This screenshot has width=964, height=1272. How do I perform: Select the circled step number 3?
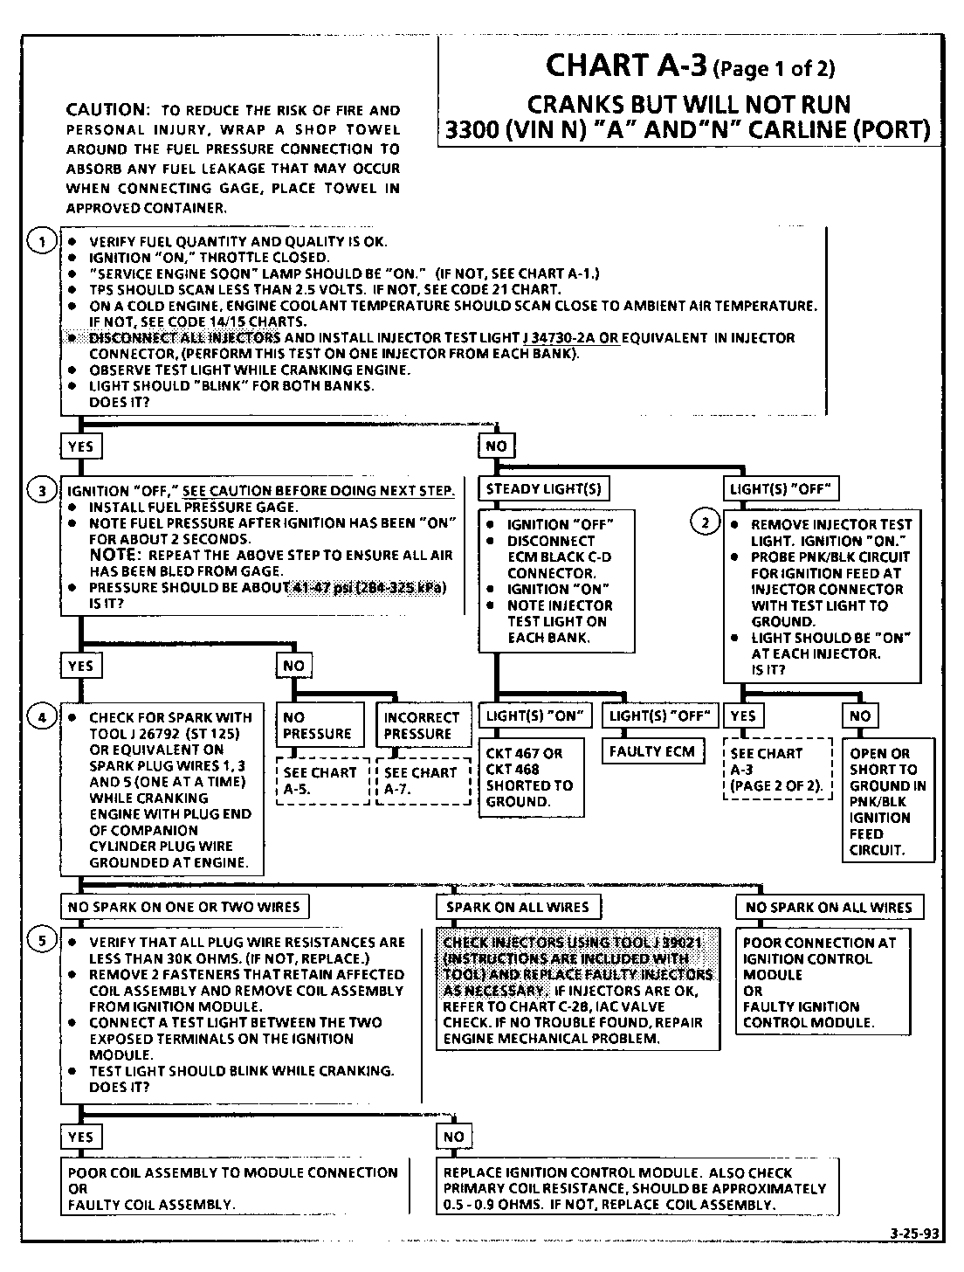click(x=42, y=490)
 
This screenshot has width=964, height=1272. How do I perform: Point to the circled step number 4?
click(x=42, y=717)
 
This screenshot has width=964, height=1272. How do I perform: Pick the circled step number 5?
click(x=42, y=941)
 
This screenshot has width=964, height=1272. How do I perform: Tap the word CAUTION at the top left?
click(x=105, y=110)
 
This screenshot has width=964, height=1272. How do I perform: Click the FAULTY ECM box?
click(x=653, y=751)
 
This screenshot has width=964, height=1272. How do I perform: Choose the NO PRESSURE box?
click(x=320, y=725)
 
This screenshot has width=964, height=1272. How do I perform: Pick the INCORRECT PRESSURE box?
click(x=422, y=725)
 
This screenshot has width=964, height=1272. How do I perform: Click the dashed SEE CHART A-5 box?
click(x=321, y=781)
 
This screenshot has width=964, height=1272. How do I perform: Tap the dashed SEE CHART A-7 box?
click(x=422, y=781)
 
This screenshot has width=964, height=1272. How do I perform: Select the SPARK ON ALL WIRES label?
click(x=518, y=907)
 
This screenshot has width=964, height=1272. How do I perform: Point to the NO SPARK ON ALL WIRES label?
click(x=829, y=908)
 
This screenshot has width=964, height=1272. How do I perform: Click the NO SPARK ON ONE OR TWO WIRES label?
click(x=184, y=907)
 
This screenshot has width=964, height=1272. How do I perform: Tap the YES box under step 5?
click(x=80, y=1137)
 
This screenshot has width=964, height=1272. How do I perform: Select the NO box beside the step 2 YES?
click(x=860, y=716)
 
